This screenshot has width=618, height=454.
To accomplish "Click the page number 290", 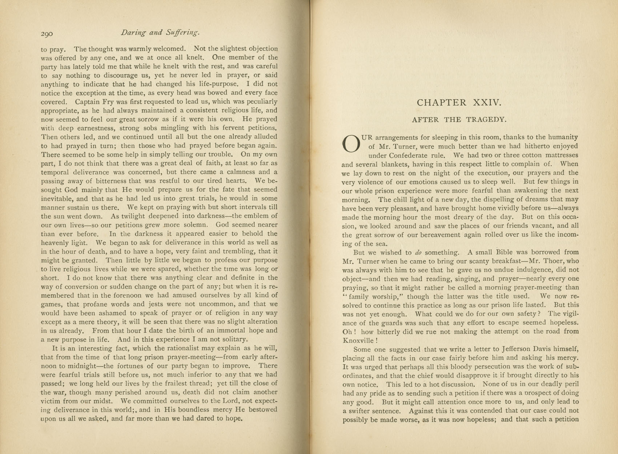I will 47,34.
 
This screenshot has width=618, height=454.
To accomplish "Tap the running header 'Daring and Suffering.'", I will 160,32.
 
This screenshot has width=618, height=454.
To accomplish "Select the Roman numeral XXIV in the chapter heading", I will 487,103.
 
